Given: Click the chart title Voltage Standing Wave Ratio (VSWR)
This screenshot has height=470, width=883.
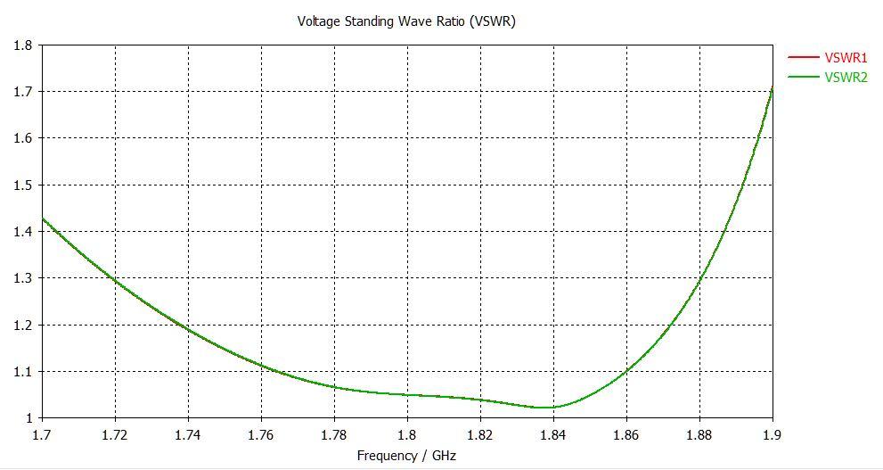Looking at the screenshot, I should tap(405, 21).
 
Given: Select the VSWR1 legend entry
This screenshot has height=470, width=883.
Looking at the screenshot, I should tap(846, 58).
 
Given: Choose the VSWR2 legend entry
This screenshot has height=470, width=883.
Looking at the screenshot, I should tap(846, 77).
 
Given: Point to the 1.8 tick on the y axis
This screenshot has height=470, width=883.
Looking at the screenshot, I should tap(24, 45).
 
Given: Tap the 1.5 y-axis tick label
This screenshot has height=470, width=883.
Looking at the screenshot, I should tap(24, 185).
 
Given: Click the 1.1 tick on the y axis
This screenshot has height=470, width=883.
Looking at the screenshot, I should tap(24, 371).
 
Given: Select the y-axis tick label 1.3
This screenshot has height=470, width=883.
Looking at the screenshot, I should tap(24, 278).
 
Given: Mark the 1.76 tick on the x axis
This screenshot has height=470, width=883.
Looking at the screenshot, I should tap(261, 435).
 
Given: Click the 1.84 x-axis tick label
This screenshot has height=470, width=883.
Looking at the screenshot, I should tap(553, 435).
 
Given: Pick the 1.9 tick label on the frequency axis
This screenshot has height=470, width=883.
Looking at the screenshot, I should tap(773, 435).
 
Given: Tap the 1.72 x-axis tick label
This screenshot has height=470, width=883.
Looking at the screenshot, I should tap(115, 435).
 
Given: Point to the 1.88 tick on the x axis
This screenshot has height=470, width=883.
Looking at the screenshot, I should tap(699, 435).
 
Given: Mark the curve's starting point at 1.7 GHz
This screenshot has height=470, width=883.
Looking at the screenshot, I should tap(43, 219).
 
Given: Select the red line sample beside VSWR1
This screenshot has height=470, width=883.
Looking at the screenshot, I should tap(804, 58).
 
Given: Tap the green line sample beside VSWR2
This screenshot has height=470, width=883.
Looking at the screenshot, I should tap(804, 77).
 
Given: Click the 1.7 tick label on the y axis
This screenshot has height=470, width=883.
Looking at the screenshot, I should tap(24, 91).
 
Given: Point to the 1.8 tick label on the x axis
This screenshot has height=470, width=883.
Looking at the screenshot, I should tap(407, 435).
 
